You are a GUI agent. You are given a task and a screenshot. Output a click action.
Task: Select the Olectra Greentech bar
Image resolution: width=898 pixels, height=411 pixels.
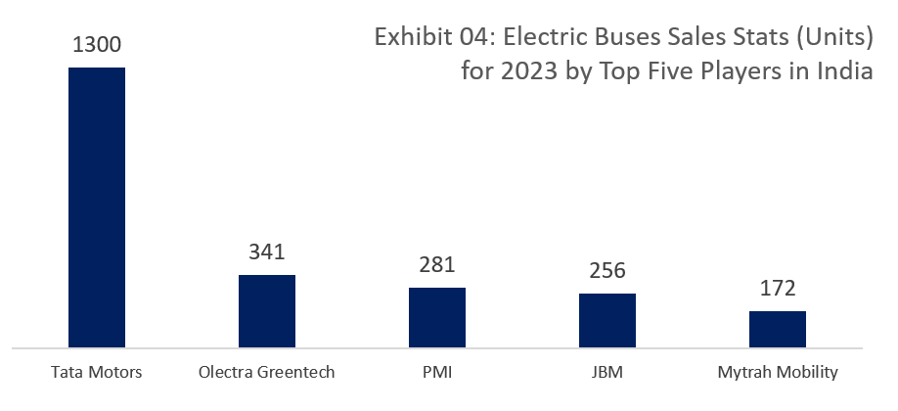266,311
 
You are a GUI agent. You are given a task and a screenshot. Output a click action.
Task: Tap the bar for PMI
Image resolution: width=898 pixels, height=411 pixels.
436,317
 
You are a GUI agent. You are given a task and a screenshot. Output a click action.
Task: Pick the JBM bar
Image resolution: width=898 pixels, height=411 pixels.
606,320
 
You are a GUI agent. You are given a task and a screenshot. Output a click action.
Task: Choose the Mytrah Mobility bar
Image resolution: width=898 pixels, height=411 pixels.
777,329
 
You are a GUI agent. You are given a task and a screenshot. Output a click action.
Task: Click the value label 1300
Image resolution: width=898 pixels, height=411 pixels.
96,45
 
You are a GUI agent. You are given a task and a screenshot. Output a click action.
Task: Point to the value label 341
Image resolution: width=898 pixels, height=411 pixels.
266,252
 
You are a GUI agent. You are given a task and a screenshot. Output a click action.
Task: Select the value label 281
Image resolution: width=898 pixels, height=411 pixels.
436,265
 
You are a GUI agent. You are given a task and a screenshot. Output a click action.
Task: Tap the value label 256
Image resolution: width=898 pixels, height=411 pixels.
606,271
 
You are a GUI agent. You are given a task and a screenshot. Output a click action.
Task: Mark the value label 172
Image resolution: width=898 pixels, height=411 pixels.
777,289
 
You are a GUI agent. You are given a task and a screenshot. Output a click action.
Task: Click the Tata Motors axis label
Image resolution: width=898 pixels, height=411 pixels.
96,373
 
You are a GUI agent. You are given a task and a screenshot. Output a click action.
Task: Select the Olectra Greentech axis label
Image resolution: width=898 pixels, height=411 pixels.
266,373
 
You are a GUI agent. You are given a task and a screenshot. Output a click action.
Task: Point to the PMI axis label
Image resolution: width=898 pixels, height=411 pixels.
436,373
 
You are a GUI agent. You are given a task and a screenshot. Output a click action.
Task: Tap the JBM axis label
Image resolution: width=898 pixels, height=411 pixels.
606,373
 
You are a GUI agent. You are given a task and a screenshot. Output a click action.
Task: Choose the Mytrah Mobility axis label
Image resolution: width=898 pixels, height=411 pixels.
777,373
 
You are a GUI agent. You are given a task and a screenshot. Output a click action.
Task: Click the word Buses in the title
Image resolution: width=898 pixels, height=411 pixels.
625,39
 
